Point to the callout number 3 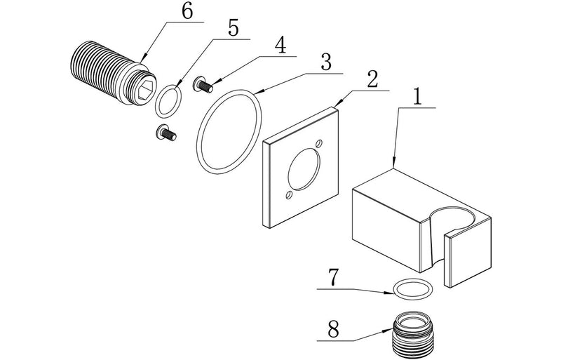coord(325,61)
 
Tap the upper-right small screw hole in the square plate coord(320,145)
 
